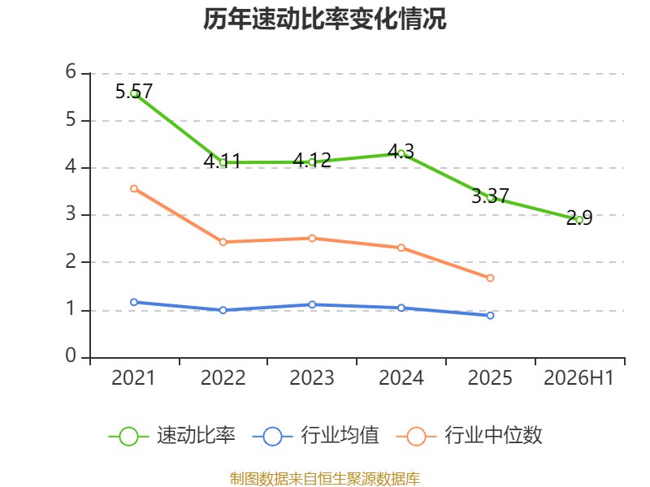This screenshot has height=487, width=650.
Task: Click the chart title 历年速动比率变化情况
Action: [x=324, y=19]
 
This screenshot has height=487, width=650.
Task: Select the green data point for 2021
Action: [x=134, y=93]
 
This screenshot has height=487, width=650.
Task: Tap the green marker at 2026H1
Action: [x=579, y=220]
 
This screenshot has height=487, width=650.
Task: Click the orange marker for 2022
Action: [x=223, y=242]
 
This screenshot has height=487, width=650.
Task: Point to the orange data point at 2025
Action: [x=490, y=278]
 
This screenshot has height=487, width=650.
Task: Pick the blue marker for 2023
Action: [x=312, y=304]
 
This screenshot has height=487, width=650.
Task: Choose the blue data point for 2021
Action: [x=134, y=302]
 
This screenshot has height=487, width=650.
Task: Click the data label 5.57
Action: [x=134, y=92]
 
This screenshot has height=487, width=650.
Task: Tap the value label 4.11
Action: [x=222, y=161]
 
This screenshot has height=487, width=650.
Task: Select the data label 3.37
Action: [x=490, y=196]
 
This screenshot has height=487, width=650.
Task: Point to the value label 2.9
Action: [x=579, y=218]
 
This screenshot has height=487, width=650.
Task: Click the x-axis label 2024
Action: [x=401, y=378]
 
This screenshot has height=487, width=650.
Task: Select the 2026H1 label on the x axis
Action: [x=578, y=378]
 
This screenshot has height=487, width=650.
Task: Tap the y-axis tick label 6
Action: [x=71, y=71]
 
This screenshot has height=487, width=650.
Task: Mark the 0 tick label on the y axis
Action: [x=71, y=356]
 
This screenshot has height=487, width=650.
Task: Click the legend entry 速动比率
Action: [x=171, y=436]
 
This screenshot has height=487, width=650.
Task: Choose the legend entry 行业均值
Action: [x=315, y=436]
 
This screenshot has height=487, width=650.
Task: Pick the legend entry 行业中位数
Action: [x=469, y=436]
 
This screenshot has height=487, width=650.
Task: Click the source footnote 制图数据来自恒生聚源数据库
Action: [x=324, y=479]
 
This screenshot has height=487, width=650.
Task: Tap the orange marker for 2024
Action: [x=401, y=248]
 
